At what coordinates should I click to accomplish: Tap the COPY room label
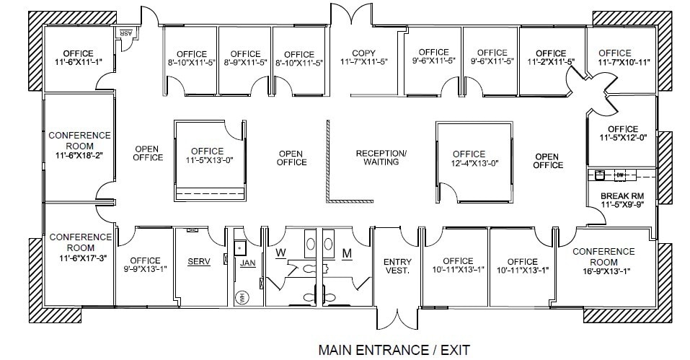pos(364,53)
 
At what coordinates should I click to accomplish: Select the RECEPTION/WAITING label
pos(381,157)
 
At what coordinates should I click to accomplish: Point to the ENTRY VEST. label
pos(397,266)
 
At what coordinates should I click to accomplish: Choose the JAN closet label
pos(248,263)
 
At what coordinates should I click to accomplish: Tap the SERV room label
pos(199,262)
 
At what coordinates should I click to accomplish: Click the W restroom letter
pos(281,253)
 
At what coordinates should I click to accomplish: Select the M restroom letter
pos(346,253)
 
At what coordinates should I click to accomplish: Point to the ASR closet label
pos(125,34)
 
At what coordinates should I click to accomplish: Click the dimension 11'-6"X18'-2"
pos(79,154)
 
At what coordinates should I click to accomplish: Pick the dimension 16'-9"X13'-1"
pos(603,271)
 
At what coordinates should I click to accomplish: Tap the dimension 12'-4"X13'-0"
pos(469,163)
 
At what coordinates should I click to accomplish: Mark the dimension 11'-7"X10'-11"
pos(614,62)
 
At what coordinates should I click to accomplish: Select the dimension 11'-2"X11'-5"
pos(551,62)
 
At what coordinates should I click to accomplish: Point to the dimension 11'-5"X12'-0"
pos(622,139)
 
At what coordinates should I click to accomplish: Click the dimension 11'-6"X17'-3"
pos(80,256)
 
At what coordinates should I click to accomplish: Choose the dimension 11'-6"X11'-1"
pos(79,63)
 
